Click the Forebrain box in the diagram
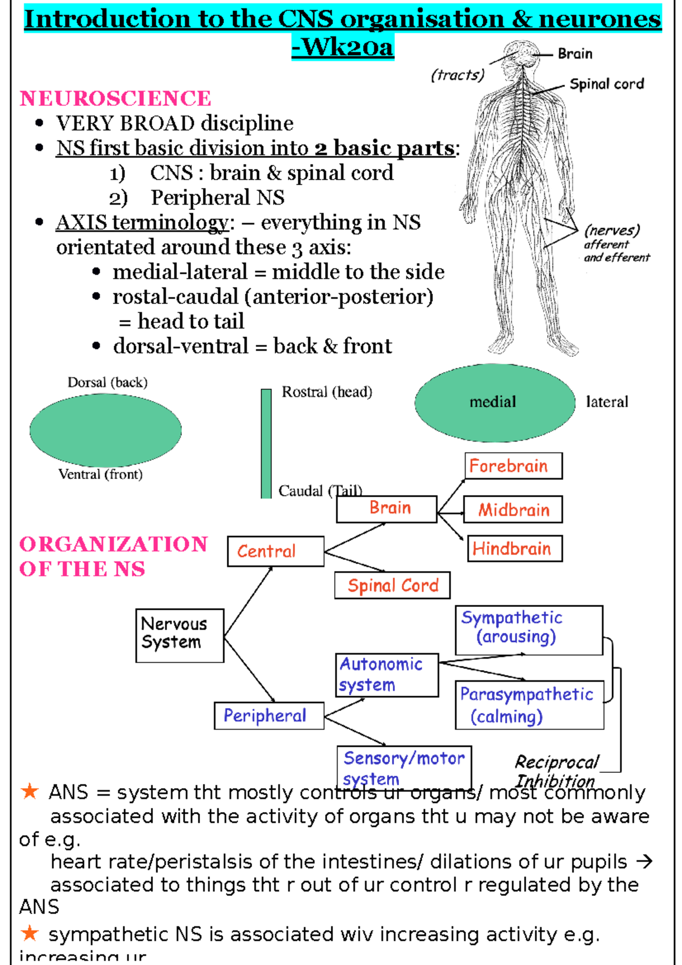513,466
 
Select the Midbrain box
513,509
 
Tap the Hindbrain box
514,548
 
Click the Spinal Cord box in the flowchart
392,585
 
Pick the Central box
276,551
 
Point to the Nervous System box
180,635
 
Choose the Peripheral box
269,716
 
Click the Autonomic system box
387,675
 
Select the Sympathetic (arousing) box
529,630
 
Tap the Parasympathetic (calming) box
529,705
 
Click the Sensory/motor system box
404,767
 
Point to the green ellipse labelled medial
495,402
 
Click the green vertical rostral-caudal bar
266,443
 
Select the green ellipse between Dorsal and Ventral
106,430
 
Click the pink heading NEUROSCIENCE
115,98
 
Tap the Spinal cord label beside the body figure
606,84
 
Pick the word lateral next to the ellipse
607,402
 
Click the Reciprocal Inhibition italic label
556,771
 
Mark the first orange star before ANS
29,791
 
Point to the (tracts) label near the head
458,74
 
